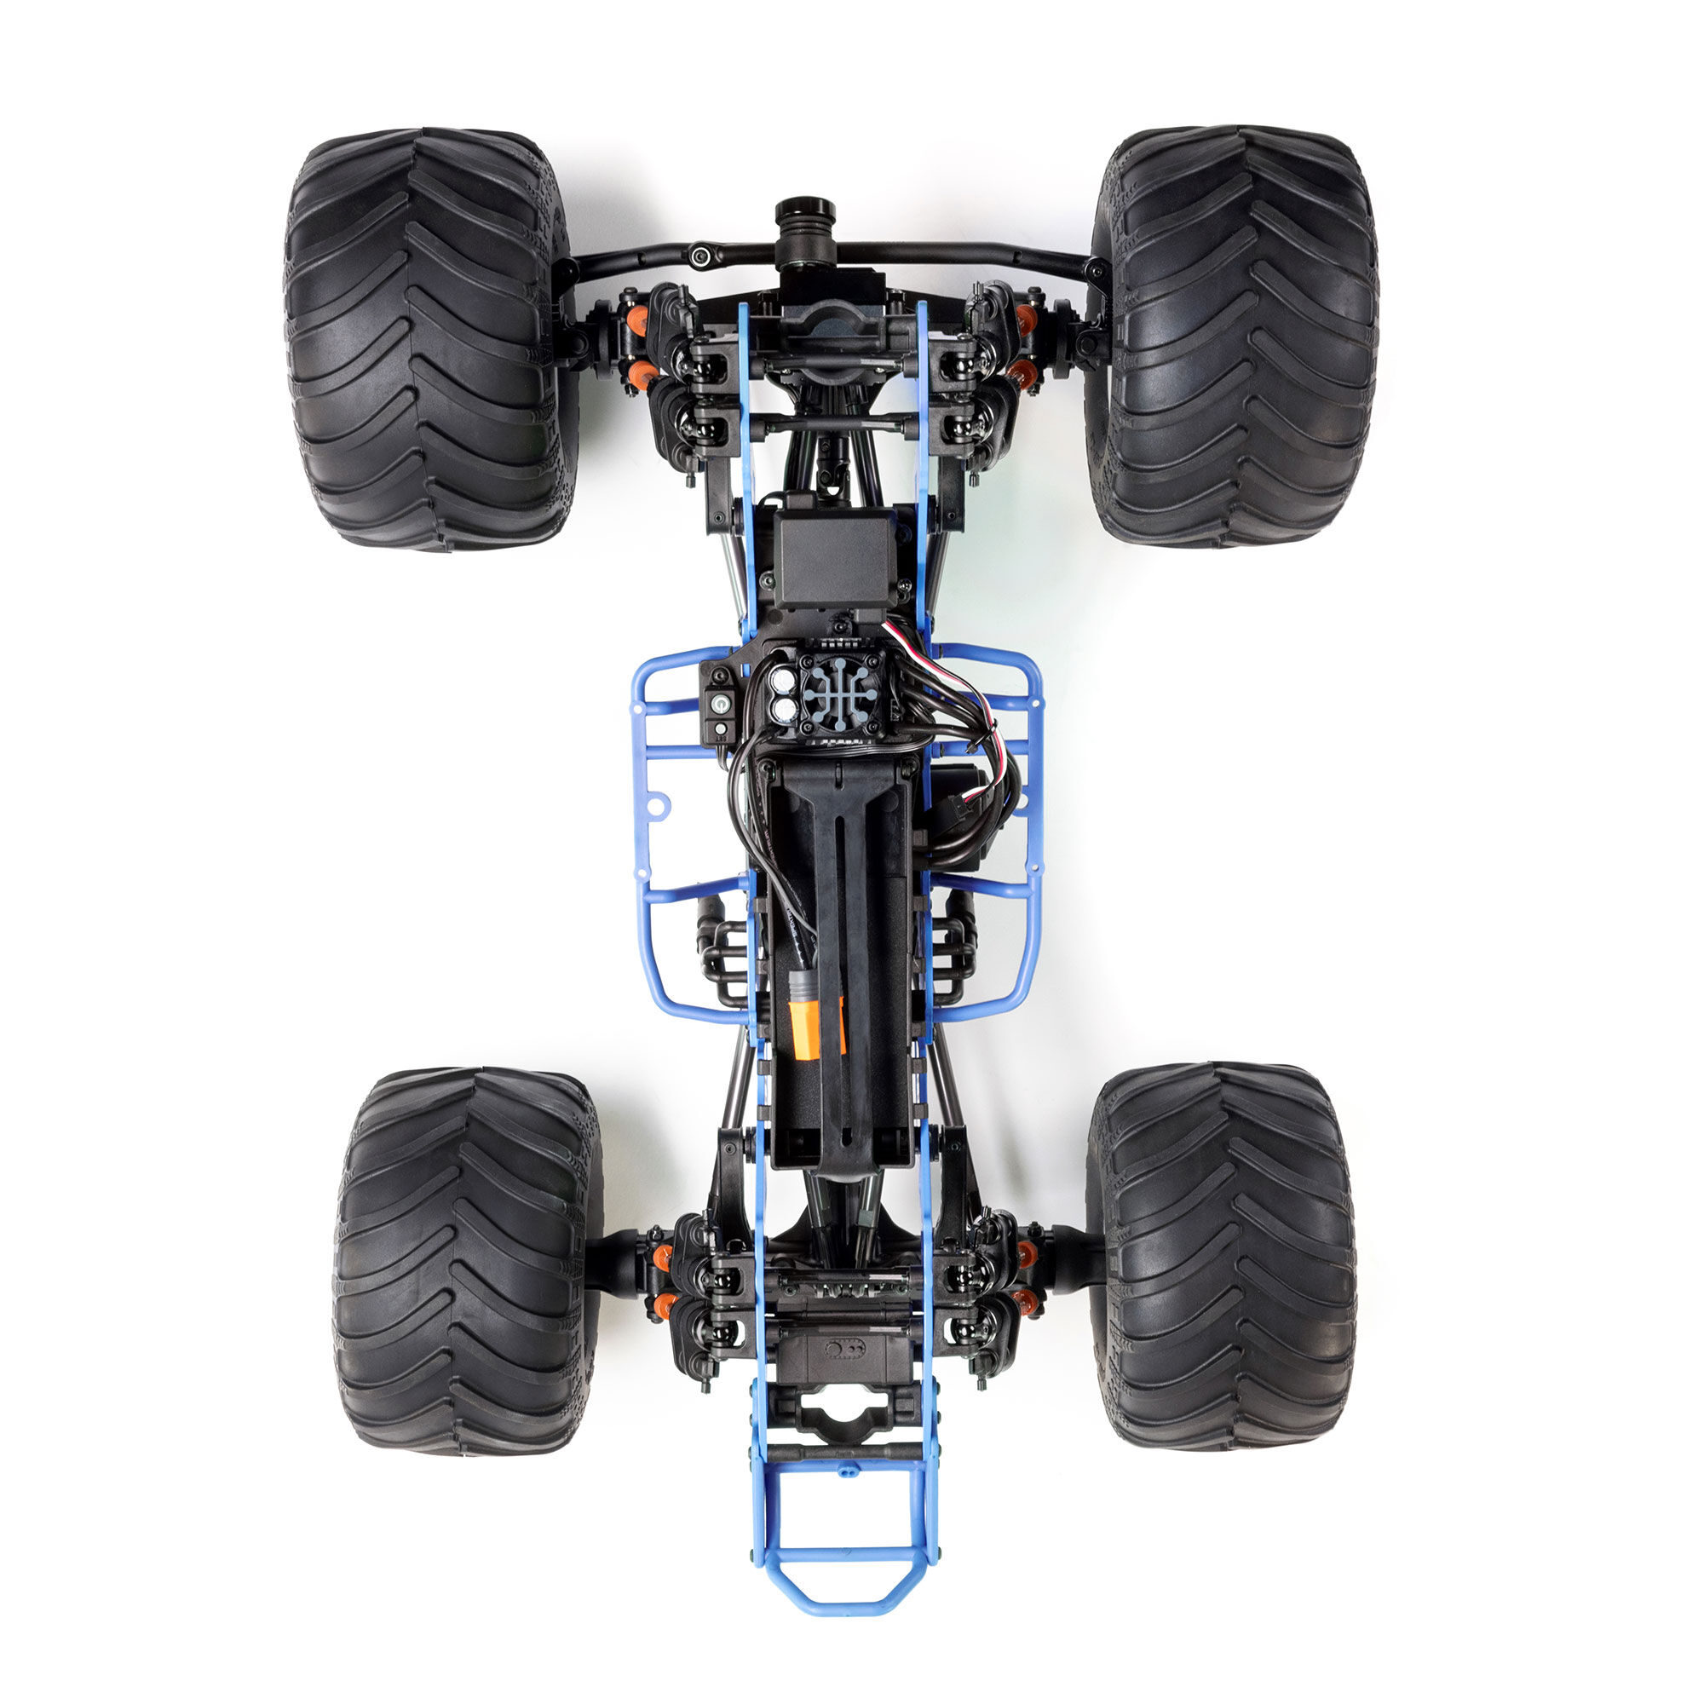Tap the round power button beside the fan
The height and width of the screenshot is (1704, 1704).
click(x=722, y=703)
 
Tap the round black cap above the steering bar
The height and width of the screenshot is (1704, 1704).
click(x=804, y=215)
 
